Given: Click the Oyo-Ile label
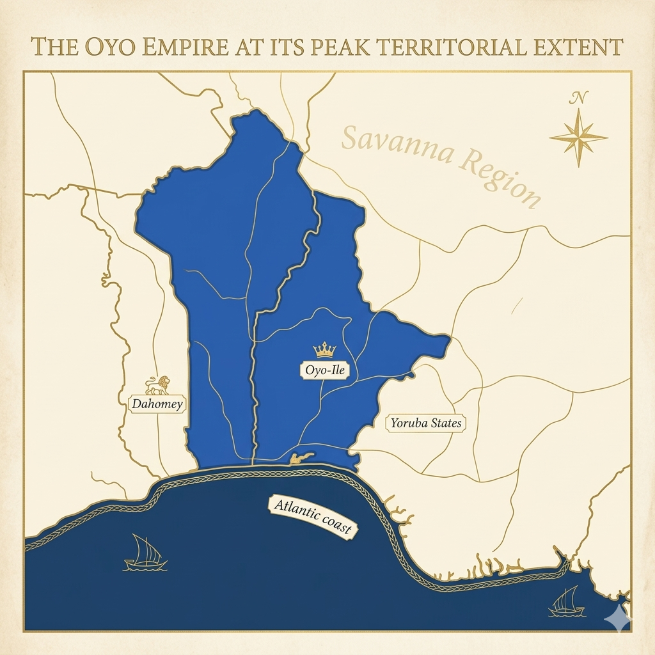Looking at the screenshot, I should [x=324, y=369].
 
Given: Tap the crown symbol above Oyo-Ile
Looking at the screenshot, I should [x=324, y=350].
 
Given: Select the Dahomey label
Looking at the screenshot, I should [x=157, y=404].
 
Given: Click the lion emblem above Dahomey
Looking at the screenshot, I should [x=157, y=385].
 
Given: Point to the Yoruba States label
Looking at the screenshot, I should [x=426, y=423].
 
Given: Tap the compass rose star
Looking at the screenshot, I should [x=578, y=137].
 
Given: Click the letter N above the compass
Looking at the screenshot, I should [x=578, y=99].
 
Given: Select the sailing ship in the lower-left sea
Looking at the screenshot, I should [x=145, y=554].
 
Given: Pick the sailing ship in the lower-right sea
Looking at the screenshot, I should [x=567, y=602].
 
